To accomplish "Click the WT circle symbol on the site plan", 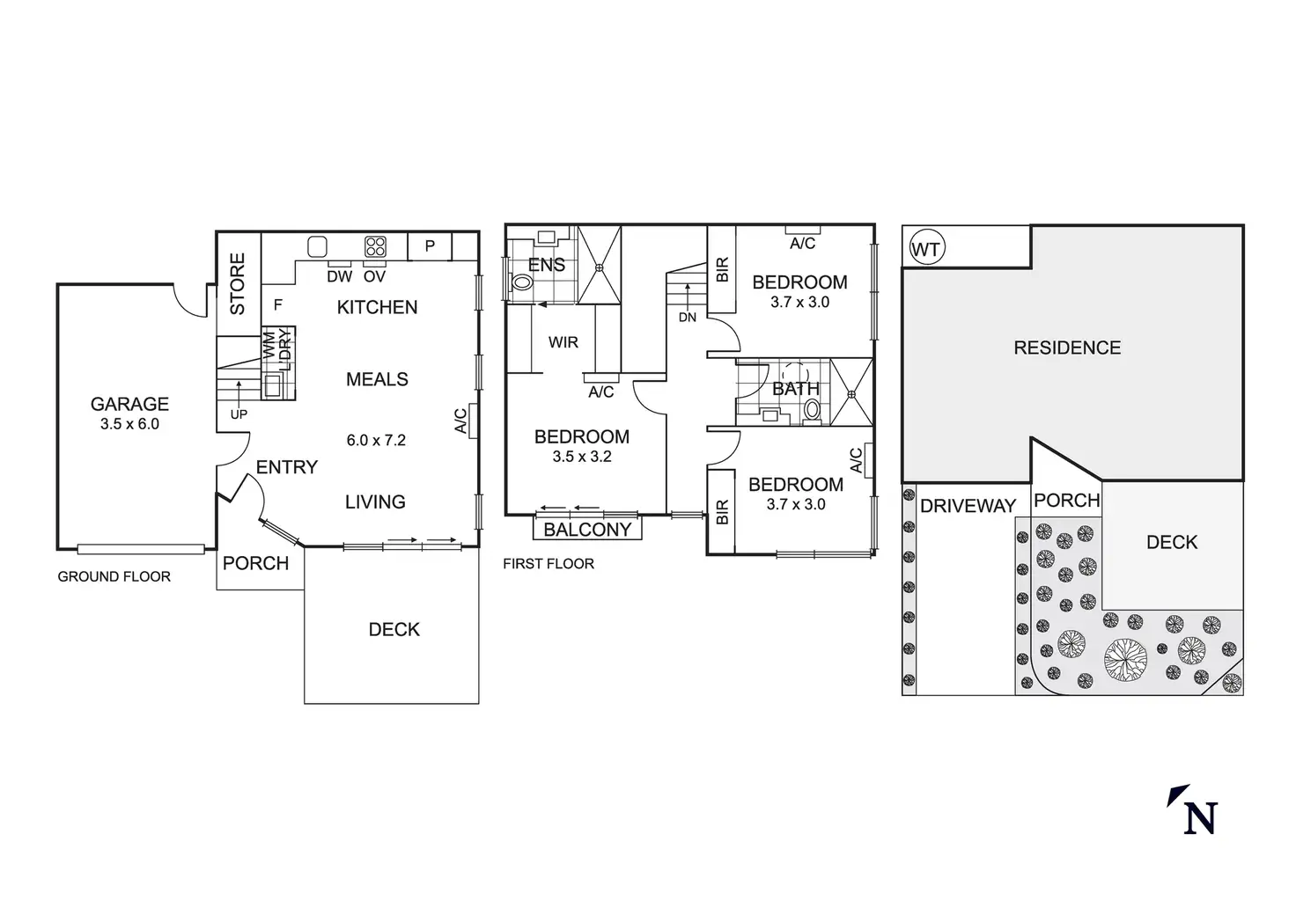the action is [925, 249].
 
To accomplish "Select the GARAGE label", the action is [129, 405].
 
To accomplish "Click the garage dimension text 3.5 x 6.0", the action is [129, 424].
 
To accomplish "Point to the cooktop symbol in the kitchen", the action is [376, 246].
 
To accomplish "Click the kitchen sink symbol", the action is [318, 246].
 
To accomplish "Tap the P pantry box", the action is [430, 246].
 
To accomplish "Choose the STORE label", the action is [238, 284].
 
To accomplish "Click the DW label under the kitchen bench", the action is [339, 276].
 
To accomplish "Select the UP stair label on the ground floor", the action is [239, 414].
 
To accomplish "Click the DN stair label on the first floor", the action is [688, 318].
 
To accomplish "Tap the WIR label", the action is [563, 342].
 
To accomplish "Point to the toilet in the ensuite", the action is [521, 282].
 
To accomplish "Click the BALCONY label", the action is [587, 530].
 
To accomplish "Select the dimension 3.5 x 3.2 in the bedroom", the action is [582, 457].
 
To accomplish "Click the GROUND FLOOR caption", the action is [114, 577].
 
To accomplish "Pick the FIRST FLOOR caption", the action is [549, 564].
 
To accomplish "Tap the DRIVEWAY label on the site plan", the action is [968, 506].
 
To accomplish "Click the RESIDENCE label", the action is [1067, 348].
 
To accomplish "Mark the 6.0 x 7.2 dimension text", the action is [376, 441].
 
